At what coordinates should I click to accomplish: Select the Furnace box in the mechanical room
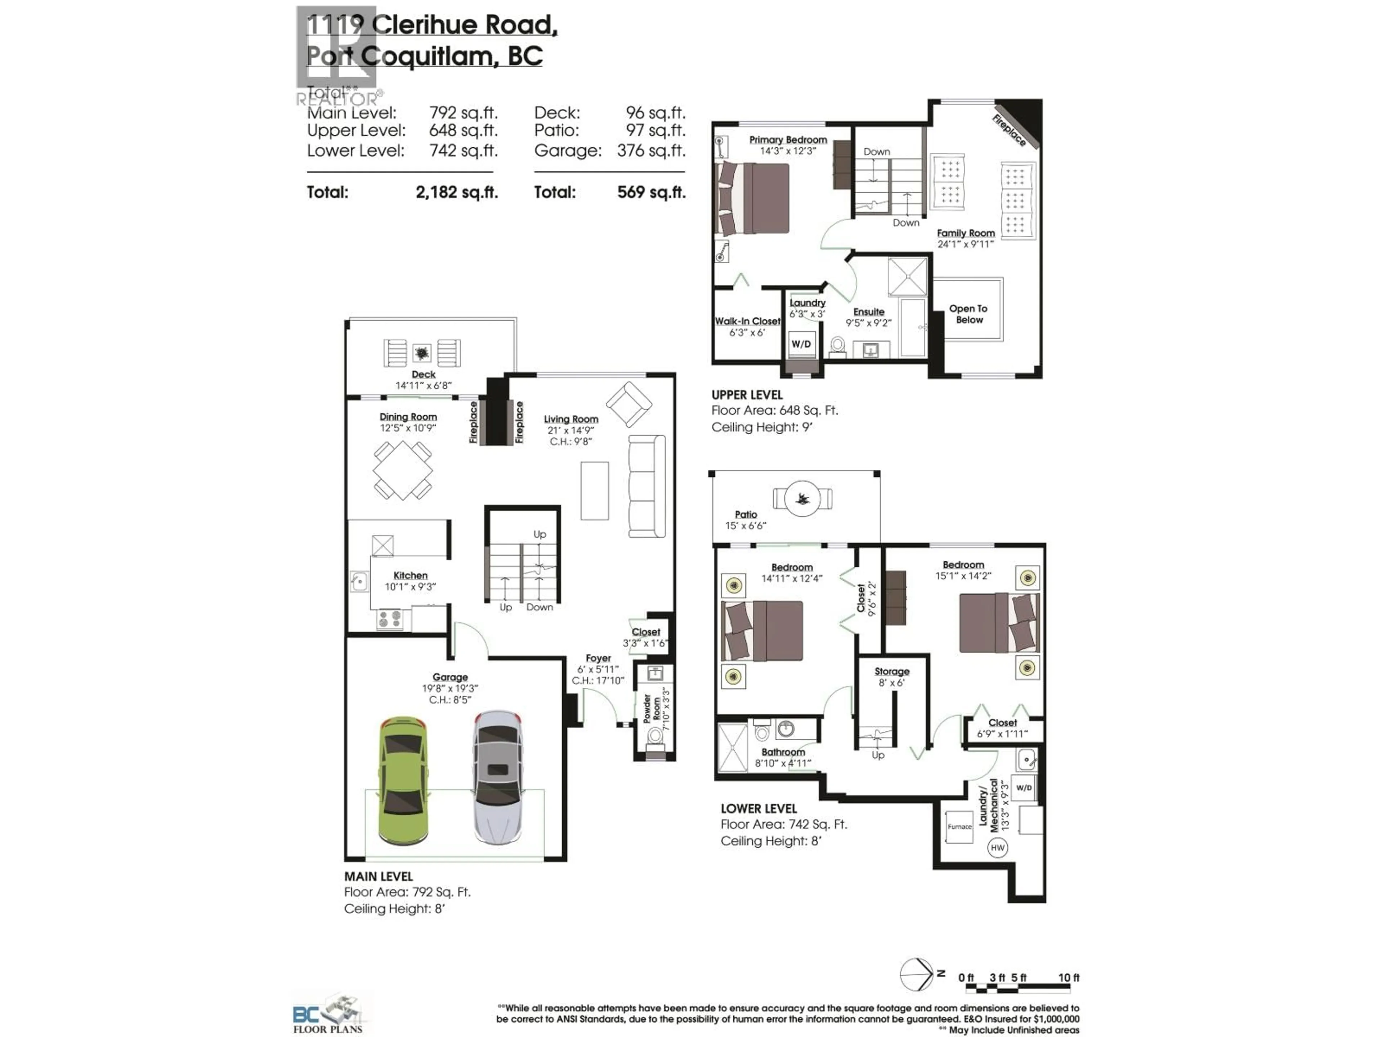click(959, 826)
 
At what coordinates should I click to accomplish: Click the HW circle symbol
click(997, 848)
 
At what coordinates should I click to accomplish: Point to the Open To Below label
click(968, 314)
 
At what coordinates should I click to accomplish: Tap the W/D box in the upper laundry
click(801, 344)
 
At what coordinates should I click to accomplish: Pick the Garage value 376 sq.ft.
click(651, 151)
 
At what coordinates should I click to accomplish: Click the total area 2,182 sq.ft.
click(456, 192)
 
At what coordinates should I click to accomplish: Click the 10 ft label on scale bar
click(1069, 977)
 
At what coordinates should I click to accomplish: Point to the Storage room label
click(892, 671)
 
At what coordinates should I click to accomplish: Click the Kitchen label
click(410, 575)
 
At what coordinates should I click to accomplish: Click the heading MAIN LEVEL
click(378, 876)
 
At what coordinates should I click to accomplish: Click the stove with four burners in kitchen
click(390, 619)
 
